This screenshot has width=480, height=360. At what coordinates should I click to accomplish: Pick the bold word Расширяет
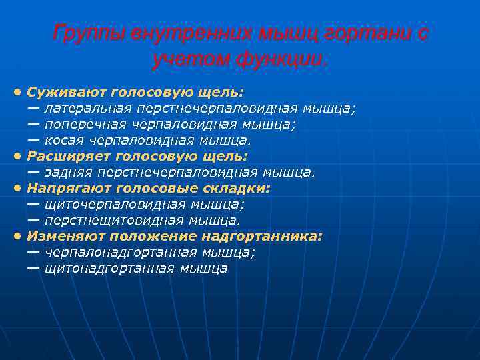click(x=69, y=157)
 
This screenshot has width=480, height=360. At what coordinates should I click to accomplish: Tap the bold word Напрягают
click(x=69, y=189)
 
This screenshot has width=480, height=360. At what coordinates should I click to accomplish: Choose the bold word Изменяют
click(x=65, y=237)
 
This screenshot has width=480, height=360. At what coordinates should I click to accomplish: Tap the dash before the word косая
click(x=33, y=141)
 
